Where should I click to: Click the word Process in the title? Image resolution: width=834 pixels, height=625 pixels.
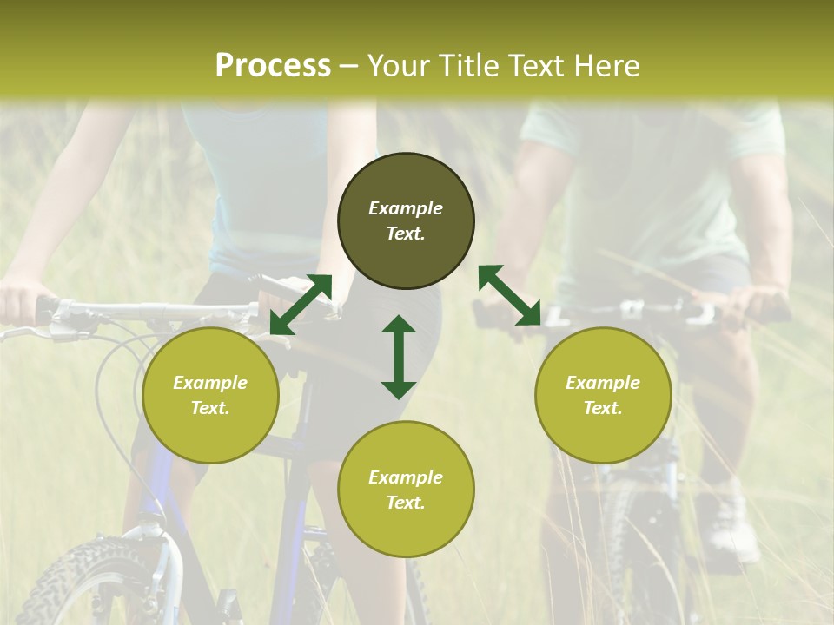273,66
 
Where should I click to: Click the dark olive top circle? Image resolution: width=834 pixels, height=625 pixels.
406,221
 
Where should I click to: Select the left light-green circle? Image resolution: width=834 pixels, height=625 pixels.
210,396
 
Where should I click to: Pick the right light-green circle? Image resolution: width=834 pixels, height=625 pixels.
603,396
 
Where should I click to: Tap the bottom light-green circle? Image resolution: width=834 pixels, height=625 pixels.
406,489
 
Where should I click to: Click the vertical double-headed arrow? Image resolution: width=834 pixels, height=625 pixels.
399,357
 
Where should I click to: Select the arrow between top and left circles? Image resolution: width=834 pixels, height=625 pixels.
301,305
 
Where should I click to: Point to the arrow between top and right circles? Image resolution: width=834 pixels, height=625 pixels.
510,295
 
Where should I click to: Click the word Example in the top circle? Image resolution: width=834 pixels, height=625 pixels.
406,208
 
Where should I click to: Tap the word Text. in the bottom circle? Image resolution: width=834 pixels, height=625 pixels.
406,503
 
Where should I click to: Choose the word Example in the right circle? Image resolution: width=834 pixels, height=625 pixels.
603,383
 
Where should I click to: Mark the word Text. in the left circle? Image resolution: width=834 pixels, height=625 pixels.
210,408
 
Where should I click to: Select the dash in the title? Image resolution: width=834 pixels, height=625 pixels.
348,68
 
